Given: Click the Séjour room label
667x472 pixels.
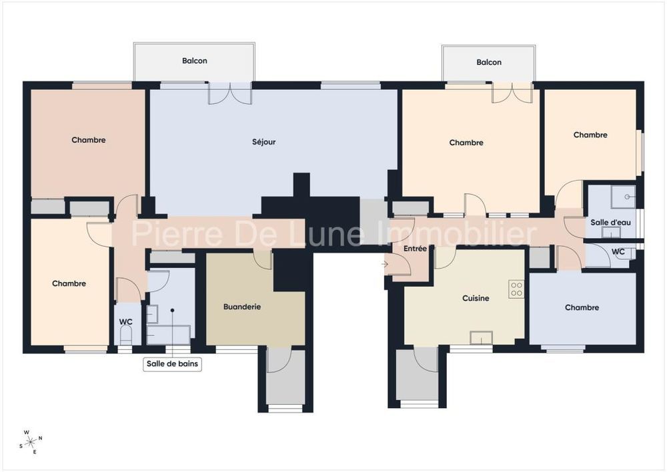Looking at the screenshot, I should tap(263, 142).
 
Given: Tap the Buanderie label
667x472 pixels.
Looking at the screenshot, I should tap(241, 307).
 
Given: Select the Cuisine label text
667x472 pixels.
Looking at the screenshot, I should tap(476, 299).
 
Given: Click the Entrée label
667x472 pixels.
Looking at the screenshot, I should tap(414, 249).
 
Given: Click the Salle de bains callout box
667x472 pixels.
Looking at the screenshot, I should tap(172, 364).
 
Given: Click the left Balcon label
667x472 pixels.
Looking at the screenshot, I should tap(194, 61).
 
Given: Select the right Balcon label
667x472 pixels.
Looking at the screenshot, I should tap(488, 62).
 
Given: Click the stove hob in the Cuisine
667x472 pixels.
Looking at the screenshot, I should tap(516, 289).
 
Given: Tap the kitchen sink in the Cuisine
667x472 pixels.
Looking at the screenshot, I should tap(480, 337).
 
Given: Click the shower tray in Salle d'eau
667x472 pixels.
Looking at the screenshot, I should tap(624, 197).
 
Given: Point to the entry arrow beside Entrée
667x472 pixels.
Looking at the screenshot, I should tap(386, 263).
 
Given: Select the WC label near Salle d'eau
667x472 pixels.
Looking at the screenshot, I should tap(618, 252).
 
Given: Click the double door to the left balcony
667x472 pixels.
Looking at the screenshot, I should tap(229, 94).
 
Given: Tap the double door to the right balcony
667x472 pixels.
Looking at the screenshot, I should tap(512, 93).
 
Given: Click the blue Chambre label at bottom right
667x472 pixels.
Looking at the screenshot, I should tap(582, 307).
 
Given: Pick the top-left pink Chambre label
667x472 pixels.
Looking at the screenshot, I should tap(89, 140).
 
